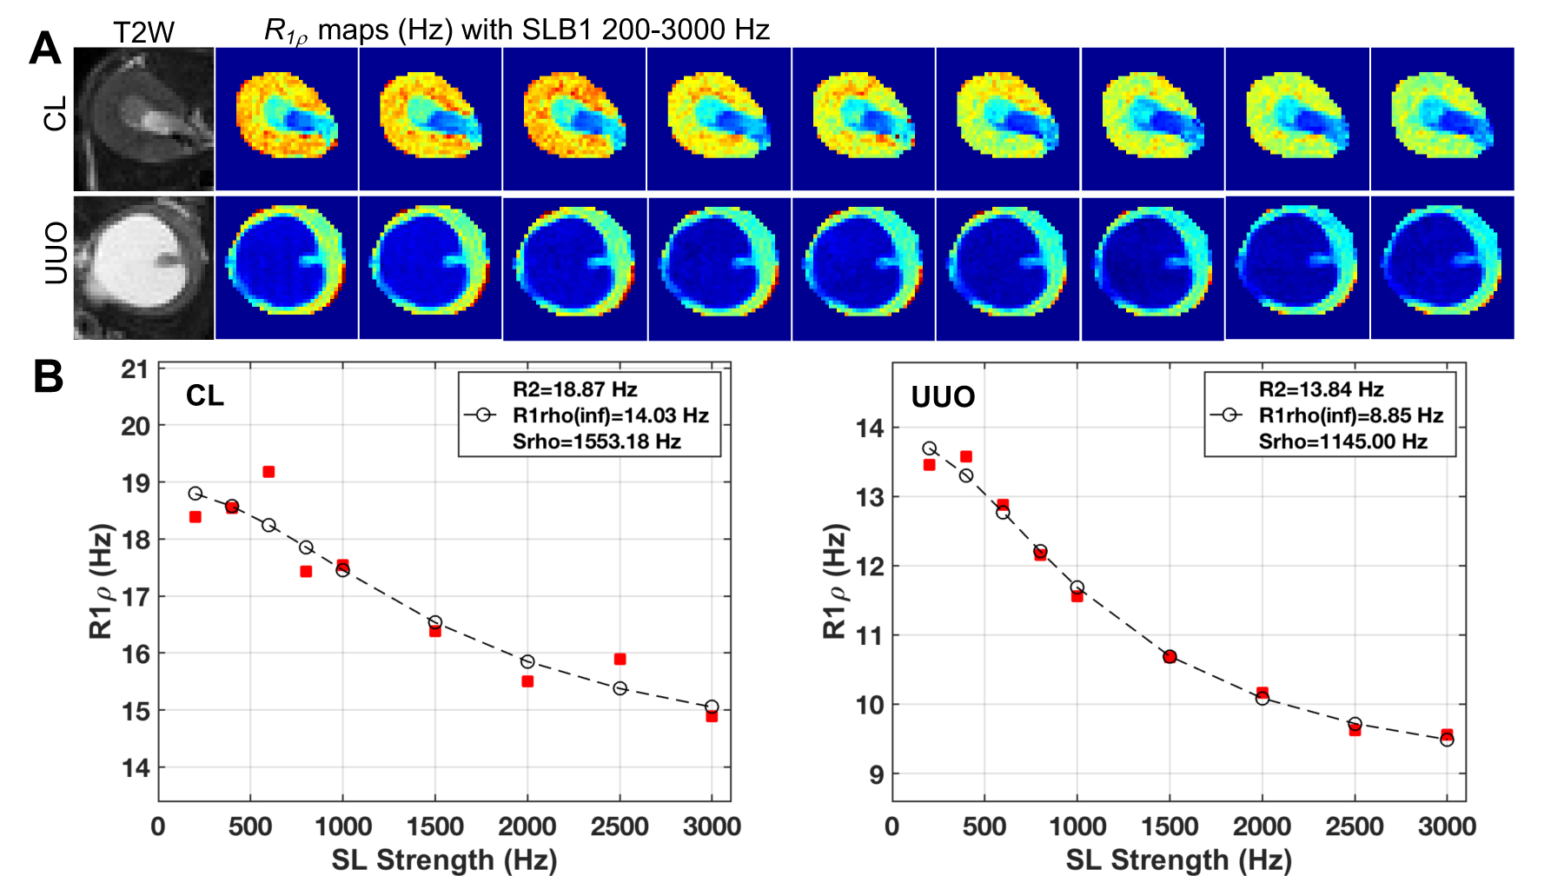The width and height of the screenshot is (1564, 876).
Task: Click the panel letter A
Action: [45, 48]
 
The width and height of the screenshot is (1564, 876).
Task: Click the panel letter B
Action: [48, 377]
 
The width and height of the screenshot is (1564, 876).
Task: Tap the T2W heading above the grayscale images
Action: [143, 33]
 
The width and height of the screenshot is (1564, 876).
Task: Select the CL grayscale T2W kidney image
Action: [143, 119]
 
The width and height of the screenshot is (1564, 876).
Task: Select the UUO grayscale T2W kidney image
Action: [143, 268]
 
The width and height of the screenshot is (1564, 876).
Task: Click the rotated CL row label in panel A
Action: [55, 114]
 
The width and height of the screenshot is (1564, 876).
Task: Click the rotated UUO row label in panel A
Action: [55, 253]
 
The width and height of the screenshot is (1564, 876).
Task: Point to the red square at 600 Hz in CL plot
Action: [268, 472]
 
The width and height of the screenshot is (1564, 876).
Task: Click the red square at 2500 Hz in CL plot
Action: [620, 659]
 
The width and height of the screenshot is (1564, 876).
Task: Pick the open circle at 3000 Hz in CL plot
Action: [712, 707]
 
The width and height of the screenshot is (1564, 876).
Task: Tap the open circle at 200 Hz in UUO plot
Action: [929, 448]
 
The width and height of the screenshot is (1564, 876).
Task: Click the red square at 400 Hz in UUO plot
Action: [965, 456]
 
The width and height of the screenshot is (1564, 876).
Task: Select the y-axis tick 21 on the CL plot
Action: [135, 369]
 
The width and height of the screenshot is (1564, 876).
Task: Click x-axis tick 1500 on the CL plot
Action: [434, 826]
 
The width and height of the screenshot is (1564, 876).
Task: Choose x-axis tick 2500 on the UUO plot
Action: [1354, 826]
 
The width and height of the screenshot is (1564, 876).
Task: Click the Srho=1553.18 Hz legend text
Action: [596, 441]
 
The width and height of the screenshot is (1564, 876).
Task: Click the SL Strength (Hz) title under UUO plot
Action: [1178, 859]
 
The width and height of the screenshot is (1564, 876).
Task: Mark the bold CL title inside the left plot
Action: [205, 396]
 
